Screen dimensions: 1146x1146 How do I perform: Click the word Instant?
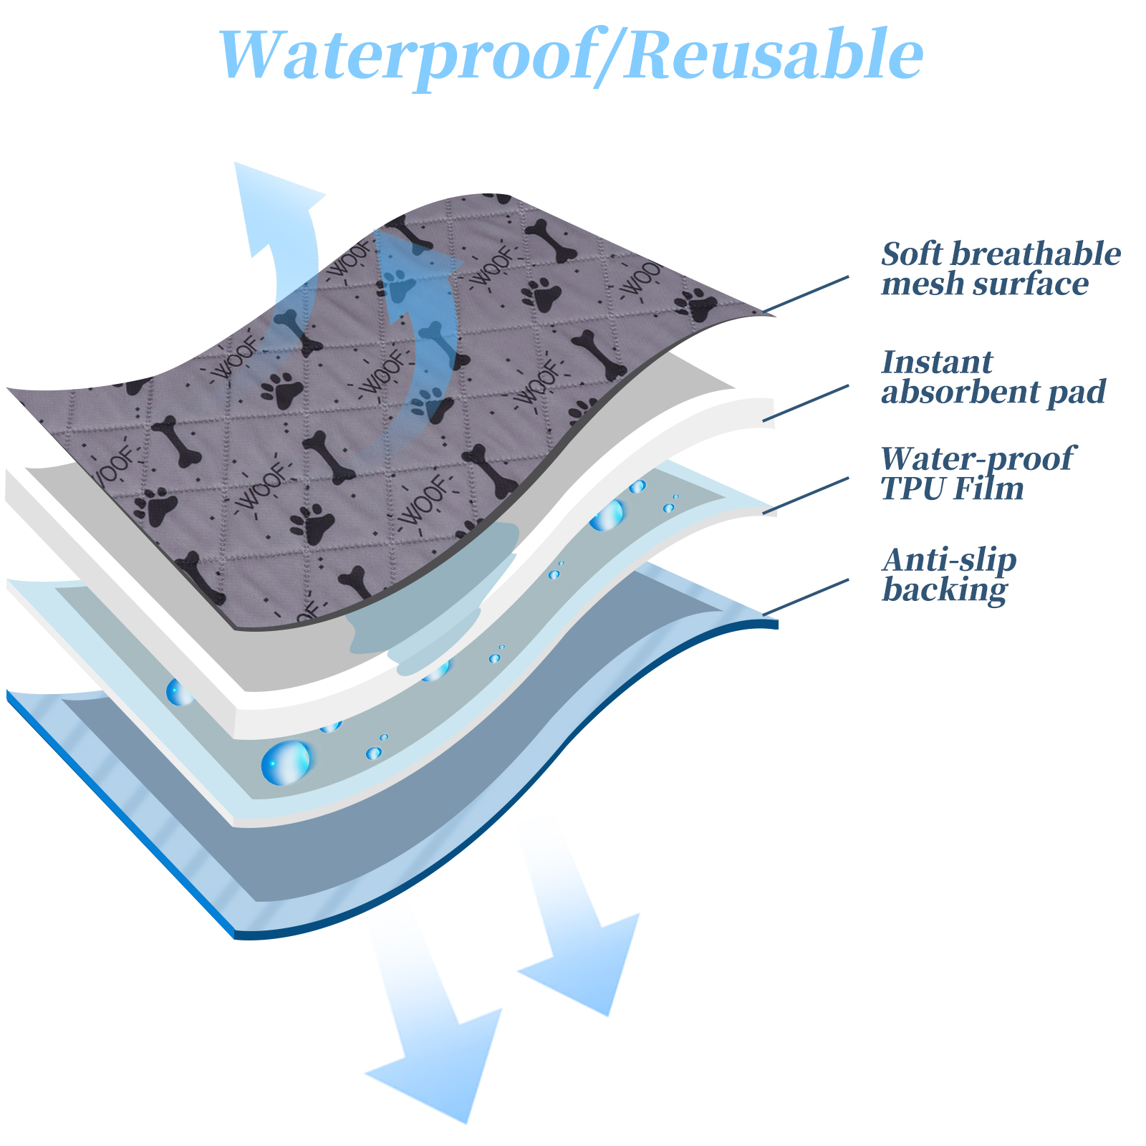tap(937, 362)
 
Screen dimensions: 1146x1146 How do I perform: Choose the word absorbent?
tap(960, 393)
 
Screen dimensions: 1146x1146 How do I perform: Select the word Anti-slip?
tap(949, 560)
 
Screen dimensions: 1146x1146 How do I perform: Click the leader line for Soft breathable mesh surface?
tap(806, 294)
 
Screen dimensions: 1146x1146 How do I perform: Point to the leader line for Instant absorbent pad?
tap(806, 403)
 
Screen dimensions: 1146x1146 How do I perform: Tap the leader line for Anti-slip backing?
tap(806, 597)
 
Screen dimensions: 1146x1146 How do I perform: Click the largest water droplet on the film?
tap(286, 762)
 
